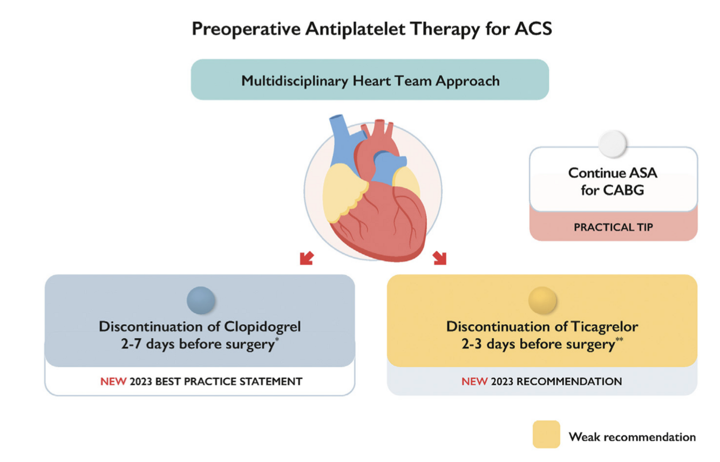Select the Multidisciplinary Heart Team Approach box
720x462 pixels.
click(x=370, y=81)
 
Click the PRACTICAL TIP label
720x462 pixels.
click(x=613, y=227)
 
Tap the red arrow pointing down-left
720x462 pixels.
click(x=306, y=258)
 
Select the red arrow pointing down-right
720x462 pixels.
click(x=439, y=258)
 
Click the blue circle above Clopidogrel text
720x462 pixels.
click(x=201, y=300)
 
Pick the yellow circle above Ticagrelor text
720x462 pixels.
click(x=542, y=300)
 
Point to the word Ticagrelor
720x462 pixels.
click(x=604, y=327)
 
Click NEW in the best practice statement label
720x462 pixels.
click(x=113, y=381)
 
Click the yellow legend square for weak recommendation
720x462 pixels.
click(x=546, y=434)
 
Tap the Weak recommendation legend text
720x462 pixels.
click(x=632, y=437)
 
